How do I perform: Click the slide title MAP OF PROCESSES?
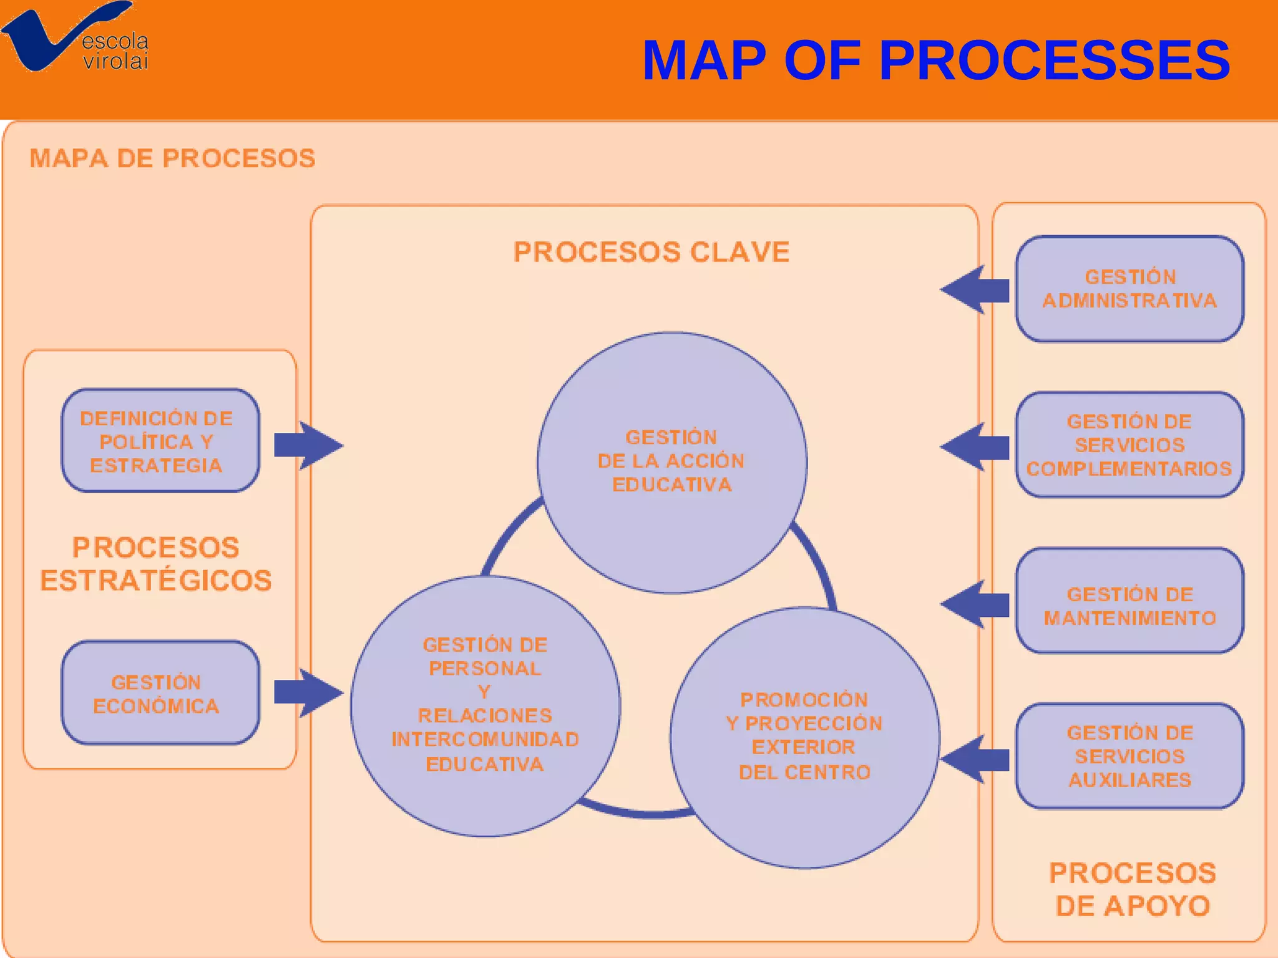(x=936, y=60)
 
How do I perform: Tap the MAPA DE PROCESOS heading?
(x=172, y=158)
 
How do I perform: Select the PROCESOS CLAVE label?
(x=651, y=252)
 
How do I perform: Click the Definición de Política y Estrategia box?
(x=160, y=441)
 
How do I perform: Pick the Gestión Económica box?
(x=160, y=693)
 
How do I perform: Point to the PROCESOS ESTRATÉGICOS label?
(x=156, y=564)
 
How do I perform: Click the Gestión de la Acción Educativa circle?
(x=672, y=462)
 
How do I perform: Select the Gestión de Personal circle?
(x=485, y=705)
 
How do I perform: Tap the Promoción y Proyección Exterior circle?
(x=804, y=737)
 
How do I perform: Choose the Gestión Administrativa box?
(x=1129, y=289)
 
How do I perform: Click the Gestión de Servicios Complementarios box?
(x=1129, y=445)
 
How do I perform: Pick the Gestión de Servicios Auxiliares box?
(x=1129, y=756)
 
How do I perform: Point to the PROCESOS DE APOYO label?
(x=1133, y=889)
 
